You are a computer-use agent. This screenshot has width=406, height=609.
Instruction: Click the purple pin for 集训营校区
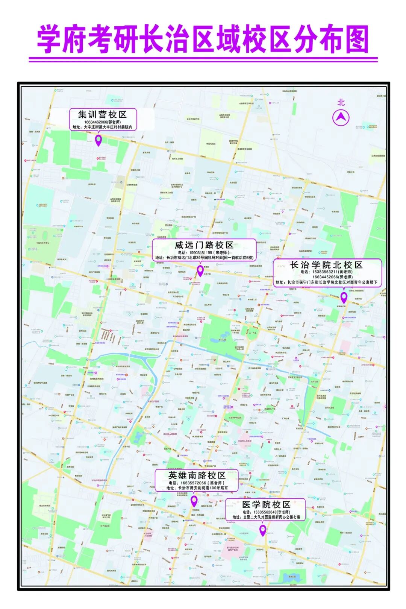(x=98, y=140)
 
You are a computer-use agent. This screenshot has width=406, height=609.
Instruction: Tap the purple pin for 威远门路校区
(x=200, y=270)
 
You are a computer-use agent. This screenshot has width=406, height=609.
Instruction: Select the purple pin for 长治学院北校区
(x=344, y=297)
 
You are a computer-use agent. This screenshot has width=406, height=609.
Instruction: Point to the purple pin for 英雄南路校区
(x=194, y=501)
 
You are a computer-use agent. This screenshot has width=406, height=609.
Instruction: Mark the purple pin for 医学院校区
(x=263, y=530)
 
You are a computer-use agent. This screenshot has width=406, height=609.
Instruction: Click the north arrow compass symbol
(x=341, y=118)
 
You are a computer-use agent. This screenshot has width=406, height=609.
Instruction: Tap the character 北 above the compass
(x=341, y=102)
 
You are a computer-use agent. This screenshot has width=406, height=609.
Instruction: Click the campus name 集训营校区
(x=102, y=114)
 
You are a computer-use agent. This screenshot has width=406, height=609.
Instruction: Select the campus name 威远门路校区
(x=204, y=245)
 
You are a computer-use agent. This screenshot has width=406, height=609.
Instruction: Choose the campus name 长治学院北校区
(x=326, y=265)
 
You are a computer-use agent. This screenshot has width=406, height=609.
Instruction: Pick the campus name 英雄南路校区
(x=197, y=475)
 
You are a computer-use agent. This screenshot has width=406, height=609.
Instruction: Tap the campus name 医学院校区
(x=266, y=504)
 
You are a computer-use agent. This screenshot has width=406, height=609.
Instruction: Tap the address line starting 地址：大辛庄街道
(x=103, y=128)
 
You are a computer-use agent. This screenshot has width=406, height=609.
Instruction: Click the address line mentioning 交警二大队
(x=266, y=517)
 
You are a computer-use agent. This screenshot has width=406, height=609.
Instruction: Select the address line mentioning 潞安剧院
(x=197, y=488)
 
